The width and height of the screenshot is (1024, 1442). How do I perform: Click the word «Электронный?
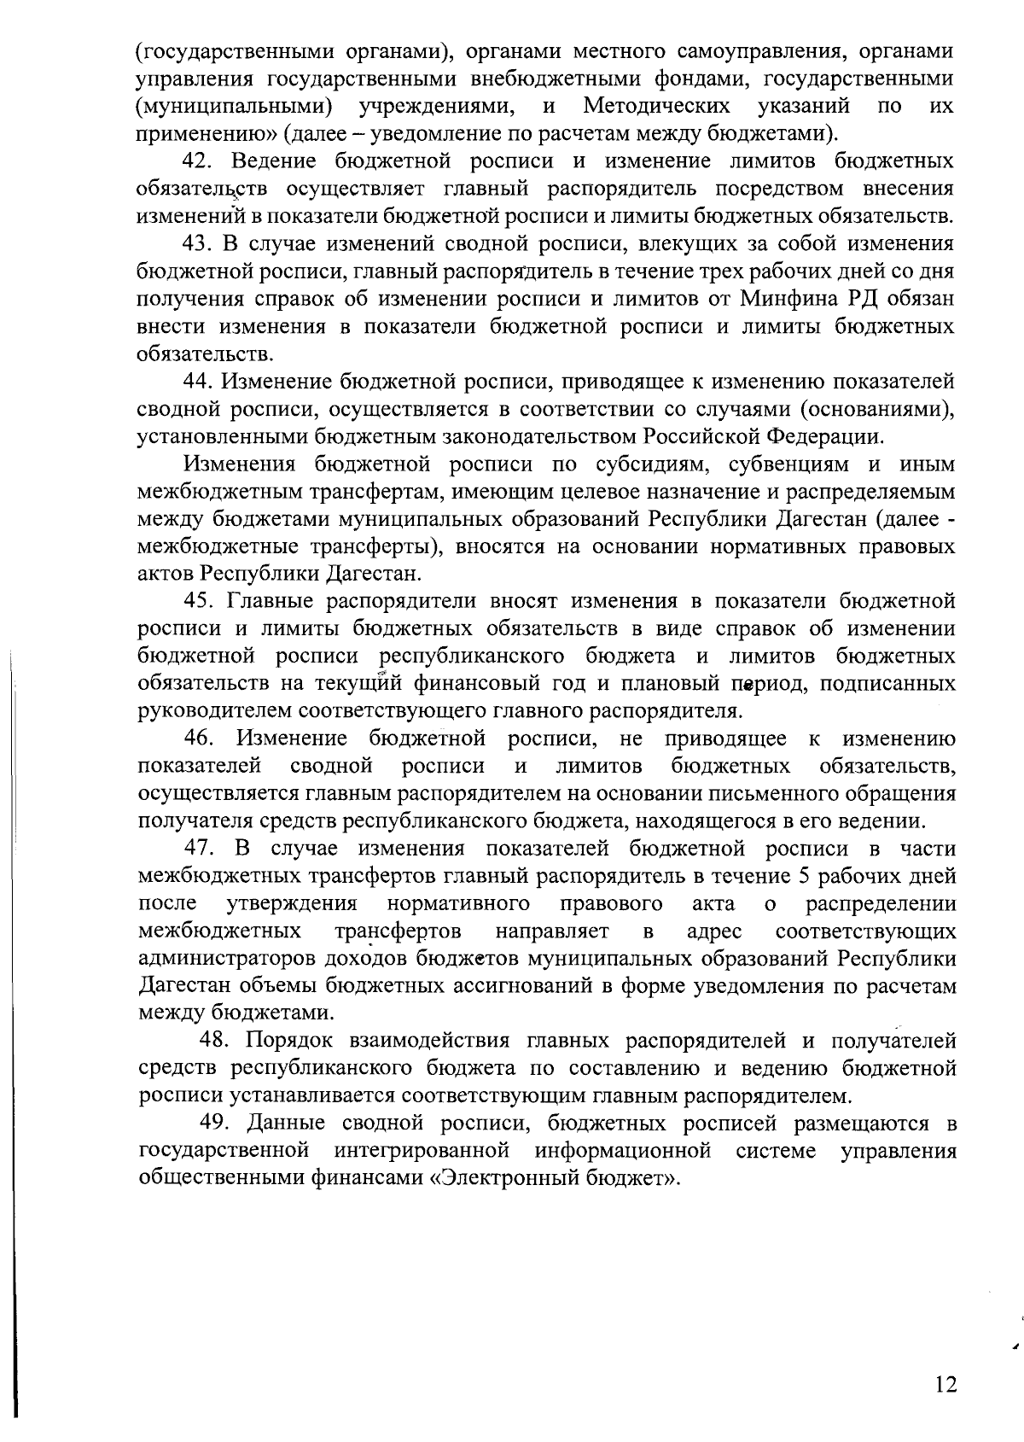click(x=507, y=1179)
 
